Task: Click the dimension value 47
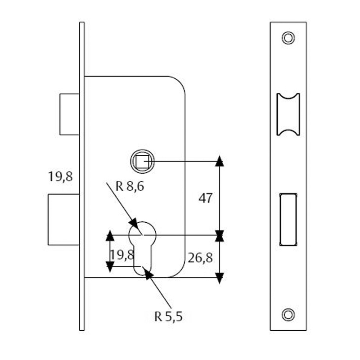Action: pyautogui.click(x=205, y=198)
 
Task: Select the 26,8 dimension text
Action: pyautogui.click(x=200, y=257)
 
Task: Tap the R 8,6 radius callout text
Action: pyautogui.click(x=130, y=186)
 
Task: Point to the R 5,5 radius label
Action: pyautogui.click(x=168, y=317)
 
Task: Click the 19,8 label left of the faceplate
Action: pyautogui.click(x=60, y=176)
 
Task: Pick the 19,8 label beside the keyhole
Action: pyautogui.click(x=122, y=255)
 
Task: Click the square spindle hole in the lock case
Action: pyautogui.click(x=142, y=161)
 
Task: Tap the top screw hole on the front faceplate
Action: pyautogui.click(x=288, y=37)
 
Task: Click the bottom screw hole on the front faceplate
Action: pyautogui.click(x=288, y=314)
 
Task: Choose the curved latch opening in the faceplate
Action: pyautogui.click(x=288, y=114)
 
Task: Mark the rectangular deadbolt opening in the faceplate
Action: pyautogui.click(x=288, y=219)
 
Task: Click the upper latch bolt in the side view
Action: pyautogui.click(x=69, y=114)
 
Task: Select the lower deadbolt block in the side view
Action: pyautogui.click(x=63, y=219)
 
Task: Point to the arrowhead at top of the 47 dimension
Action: pyautogui.click(x=219, y=162)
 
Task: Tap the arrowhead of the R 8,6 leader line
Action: pyautogui.click(x=133, y=223)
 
